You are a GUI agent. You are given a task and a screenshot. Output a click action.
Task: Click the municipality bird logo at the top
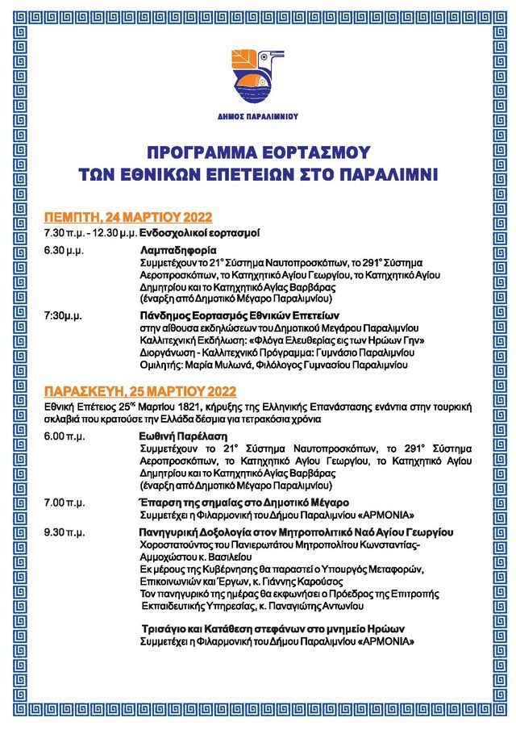(257, 74)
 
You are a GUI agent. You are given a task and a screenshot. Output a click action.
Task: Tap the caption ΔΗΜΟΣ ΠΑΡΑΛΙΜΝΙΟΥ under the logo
(257, 116)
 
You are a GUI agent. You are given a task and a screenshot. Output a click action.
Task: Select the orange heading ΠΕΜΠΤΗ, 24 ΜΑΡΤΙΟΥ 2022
(127, 217)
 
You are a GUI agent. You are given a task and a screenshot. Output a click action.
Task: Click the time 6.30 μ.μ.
(64, 251)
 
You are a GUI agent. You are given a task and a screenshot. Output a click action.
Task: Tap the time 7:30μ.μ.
(64, 315)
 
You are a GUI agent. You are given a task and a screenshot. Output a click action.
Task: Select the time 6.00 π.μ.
(64, 434)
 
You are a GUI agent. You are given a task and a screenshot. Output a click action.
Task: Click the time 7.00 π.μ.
(64, 503)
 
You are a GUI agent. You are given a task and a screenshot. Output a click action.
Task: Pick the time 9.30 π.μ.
(64, 532)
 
